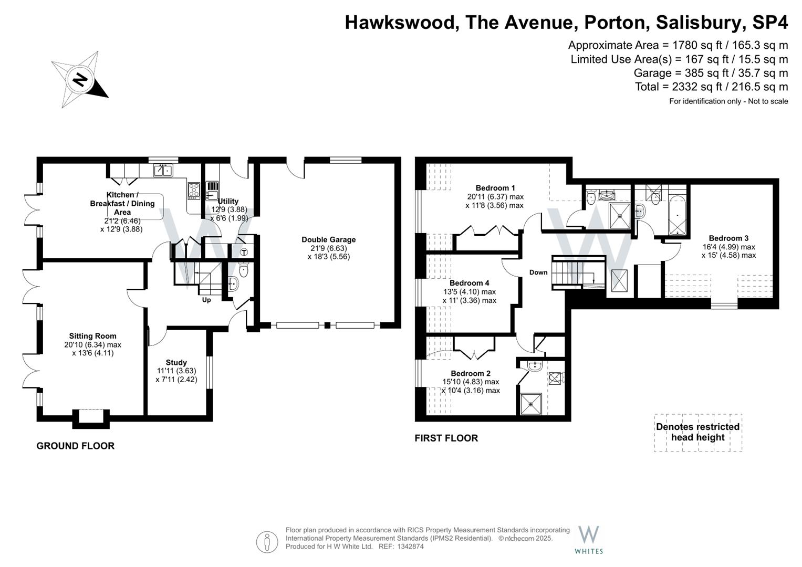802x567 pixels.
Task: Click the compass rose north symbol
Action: (x=80, y=80)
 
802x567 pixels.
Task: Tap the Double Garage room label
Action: (x=328, y=240)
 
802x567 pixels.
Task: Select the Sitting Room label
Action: (x=92, y=336)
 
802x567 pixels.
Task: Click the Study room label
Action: (x=176, y=362)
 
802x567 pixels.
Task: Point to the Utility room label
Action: (x=228, y=201)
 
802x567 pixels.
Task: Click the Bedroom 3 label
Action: (x=728, y=238)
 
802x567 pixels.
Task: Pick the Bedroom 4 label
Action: (x=469, y=283)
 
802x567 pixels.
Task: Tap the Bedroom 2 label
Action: (x=470, y=373)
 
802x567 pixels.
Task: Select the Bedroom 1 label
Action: (x=495, y=188)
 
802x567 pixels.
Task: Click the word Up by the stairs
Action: (x=206, y=300)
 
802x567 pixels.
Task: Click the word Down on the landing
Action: (x=538, y=272)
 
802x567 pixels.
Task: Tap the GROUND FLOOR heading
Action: (x=75, y=446)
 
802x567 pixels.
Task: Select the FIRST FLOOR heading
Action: (x=446, y=438)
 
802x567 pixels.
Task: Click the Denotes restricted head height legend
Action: (x=697, y=432)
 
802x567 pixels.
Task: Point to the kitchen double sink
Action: (x=163, y=170)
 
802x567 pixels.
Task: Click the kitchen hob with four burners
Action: (x=194, y=190)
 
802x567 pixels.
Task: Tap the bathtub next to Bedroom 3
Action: (x=676, y=215)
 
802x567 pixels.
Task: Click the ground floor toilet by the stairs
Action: (x=243, y=271)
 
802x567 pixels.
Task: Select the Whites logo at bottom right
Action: (x=588, y=539)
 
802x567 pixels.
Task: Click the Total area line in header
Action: (x=711, y=87)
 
